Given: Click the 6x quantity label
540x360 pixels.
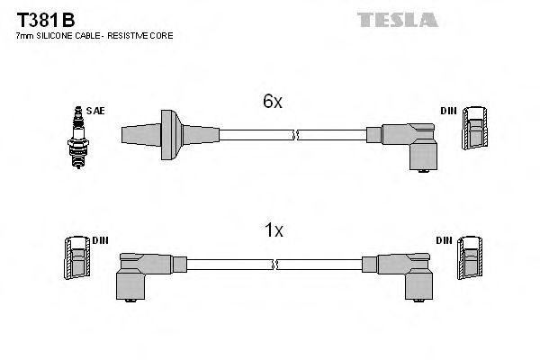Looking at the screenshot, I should pyautogui.click(x=273, y=103).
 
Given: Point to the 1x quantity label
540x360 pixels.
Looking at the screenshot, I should pyautogui.click(x=273, y=231).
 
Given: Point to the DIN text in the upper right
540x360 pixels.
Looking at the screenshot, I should pyautogui.click(x=447, y=111).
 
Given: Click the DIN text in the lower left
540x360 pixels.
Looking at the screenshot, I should pyautogui.click(x=101, y=240).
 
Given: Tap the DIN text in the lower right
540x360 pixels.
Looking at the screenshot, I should pyautogui.click(x=445, y=240).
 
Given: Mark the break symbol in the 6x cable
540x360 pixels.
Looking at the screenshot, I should pyautogui.click(x=295, y=135).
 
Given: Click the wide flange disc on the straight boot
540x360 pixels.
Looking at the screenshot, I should pyautogui.click(x=168, y=135).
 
